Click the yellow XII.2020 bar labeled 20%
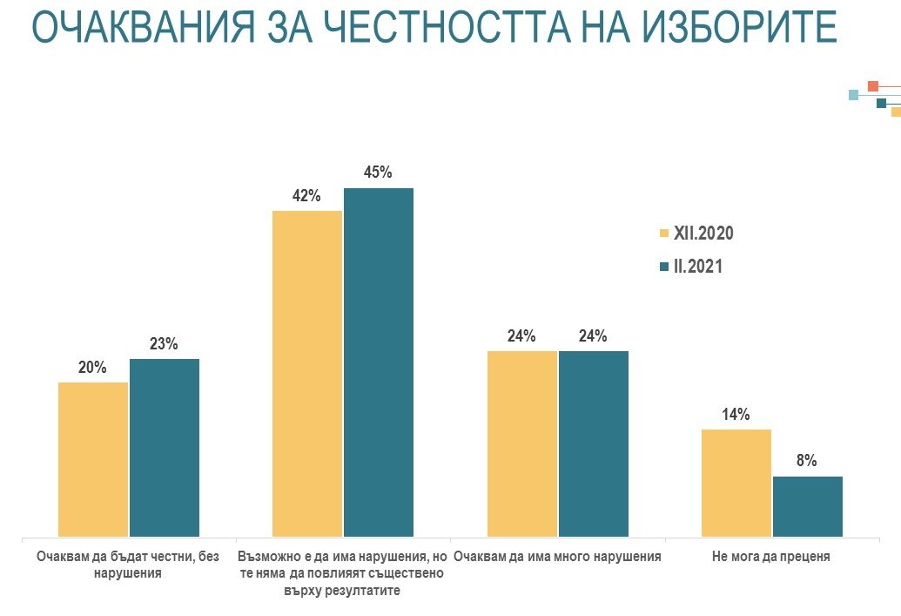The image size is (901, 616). pyautogui.click(x=93, y=459)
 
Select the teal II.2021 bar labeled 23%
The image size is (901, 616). pyautogui.click(x=165, y=447)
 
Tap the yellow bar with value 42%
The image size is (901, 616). pyautogui.click(x=307, y=373)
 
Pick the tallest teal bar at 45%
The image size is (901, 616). pyautogui.click(x=379, y=362)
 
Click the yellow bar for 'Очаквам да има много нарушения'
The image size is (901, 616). pyautogui.click(x=522, y=443)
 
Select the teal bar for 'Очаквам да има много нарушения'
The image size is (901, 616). pyautogui.click(x=594, y=443)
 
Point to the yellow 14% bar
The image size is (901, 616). pyautogui.click(x=736, y=483)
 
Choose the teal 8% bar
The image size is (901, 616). pyautogui.click(x=808, y=506)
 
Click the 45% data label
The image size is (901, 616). pyautogui.click(x=379, y=173)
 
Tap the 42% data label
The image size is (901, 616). pyautogui.click(x=307, y=195)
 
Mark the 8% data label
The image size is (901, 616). pyautogui.click(x=807, y=461)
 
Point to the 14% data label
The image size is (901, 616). pyautogui.click(x=736, y=415)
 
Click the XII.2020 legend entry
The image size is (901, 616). pyautogui.click(x=696, y=234)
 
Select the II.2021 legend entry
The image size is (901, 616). pyautogui.click(x=691, y=267)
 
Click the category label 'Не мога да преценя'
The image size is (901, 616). pyautogui.click(x=771, y=557)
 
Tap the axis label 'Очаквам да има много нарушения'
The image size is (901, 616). pyautogui.click(x=558, y=557)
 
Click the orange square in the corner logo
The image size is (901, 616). pyautogui.click(x=873, y=85)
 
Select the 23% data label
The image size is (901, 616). pyautogui.click(x=164, y=344)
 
